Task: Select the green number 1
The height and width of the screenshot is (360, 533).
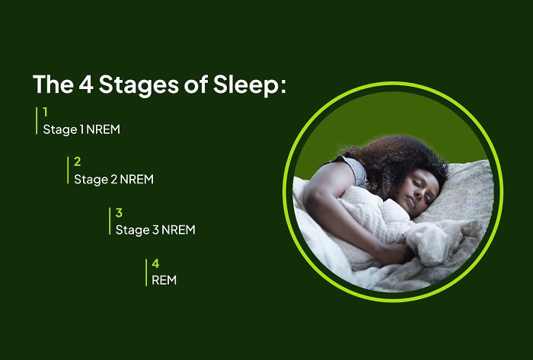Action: [x=45, y=112]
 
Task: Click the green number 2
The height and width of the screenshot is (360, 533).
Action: [x=77, y=161]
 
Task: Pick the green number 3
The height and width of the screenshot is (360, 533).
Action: [x=119, y=212]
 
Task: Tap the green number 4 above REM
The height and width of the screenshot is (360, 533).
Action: [x=155, y=263]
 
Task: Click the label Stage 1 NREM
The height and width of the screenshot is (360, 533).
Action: [x=81, y=129]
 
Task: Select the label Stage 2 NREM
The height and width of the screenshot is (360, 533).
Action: [x=113, y=180]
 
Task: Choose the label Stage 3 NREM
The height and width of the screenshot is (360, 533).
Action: [x=155, y=230]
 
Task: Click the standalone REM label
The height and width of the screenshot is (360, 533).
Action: [x=164, y=280]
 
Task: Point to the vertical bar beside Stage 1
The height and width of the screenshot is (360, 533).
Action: [x=37, y=120]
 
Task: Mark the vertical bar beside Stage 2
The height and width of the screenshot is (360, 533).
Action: [x=68, y=170]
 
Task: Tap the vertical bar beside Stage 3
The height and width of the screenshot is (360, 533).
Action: [x=110, y=221]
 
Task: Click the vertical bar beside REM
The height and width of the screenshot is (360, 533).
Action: [x=146, y=272]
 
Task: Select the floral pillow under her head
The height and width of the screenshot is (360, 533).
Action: [x=464, y=190]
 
